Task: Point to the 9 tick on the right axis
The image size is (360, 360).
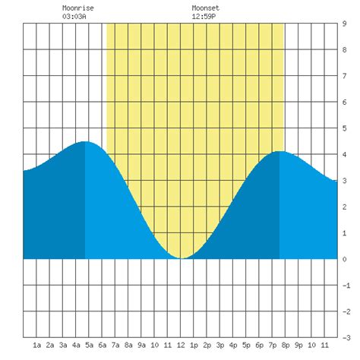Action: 346,24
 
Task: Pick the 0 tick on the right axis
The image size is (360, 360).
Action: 346,259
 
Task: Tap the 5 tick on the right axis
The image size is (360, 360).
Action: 346,128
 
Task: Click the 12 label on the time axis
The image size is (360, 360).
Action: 180,346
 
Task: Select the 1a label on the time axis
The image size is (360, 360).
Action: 36,346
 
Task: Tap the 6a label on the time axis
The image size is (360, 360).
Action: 102,346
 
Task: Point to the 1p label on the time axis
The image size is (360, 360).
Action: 194,346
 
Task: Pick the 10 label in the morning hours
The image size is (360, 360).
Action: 154,346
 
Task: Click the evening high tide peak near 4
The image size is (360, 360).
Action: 281,152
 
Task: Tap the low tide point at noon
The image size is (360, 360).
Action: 181,258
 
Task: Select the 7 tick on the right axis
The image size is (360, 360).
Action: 346,76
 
